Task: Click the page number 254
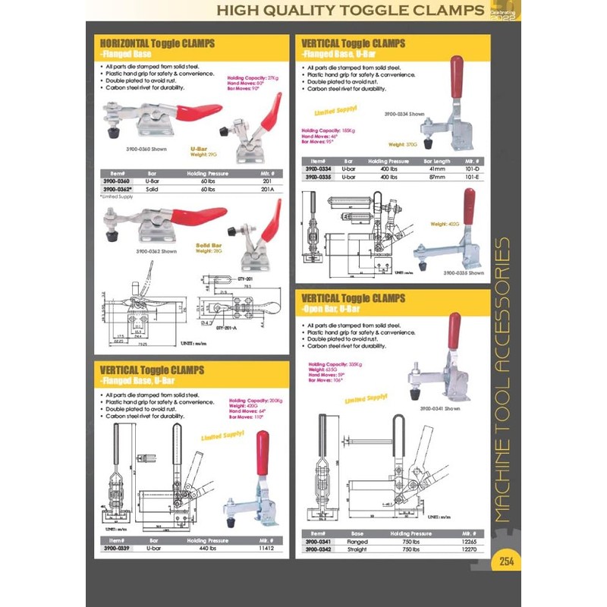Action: click(507, 562)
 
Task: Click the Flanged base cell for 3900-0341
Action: click(357, 542)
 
